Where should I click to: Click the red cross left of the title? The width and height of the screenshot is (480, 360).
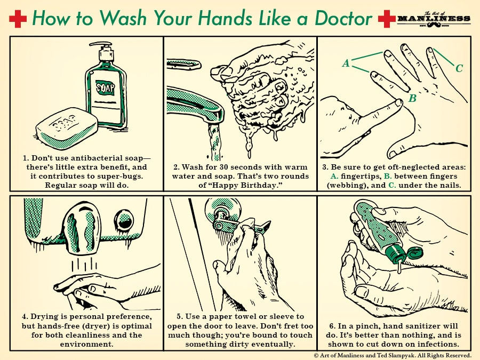(17, 19)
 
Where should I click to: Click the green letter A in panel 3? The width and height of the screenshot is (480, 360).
(346, 63)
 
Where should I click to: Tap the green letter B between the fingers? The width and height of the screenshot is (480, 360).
(412, 98)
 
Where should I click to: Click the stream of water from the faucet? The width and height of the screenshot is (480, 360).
(215, 139)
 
